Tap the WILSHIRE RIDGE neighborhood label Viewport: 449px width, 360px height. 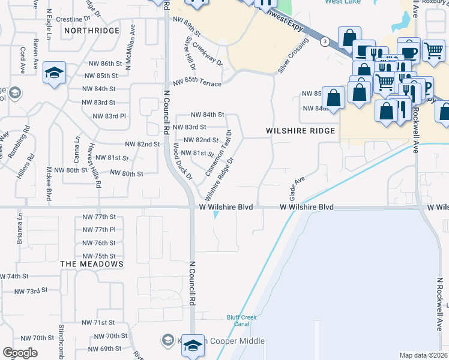pos(298,131)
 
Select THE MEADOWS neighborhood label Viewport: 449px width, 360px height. pos(92,264)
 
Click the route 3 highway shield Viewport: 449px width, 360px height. pos(325,41)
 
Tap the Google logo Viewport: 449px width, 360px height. pos(20,353)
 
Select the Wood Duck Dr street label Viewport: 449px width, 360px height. pos(181,161)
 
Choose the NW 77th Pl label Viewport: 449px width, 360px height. pos(99,230)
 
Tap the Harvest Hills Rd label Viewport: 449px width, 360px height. pos(93,166)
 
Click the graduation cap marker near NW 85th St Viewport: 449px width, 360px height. pos(55,74)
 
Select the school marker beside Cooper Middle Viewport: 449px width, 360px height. pos(192,346)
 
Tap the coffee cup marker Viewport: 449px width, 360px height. pos(409,52)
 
